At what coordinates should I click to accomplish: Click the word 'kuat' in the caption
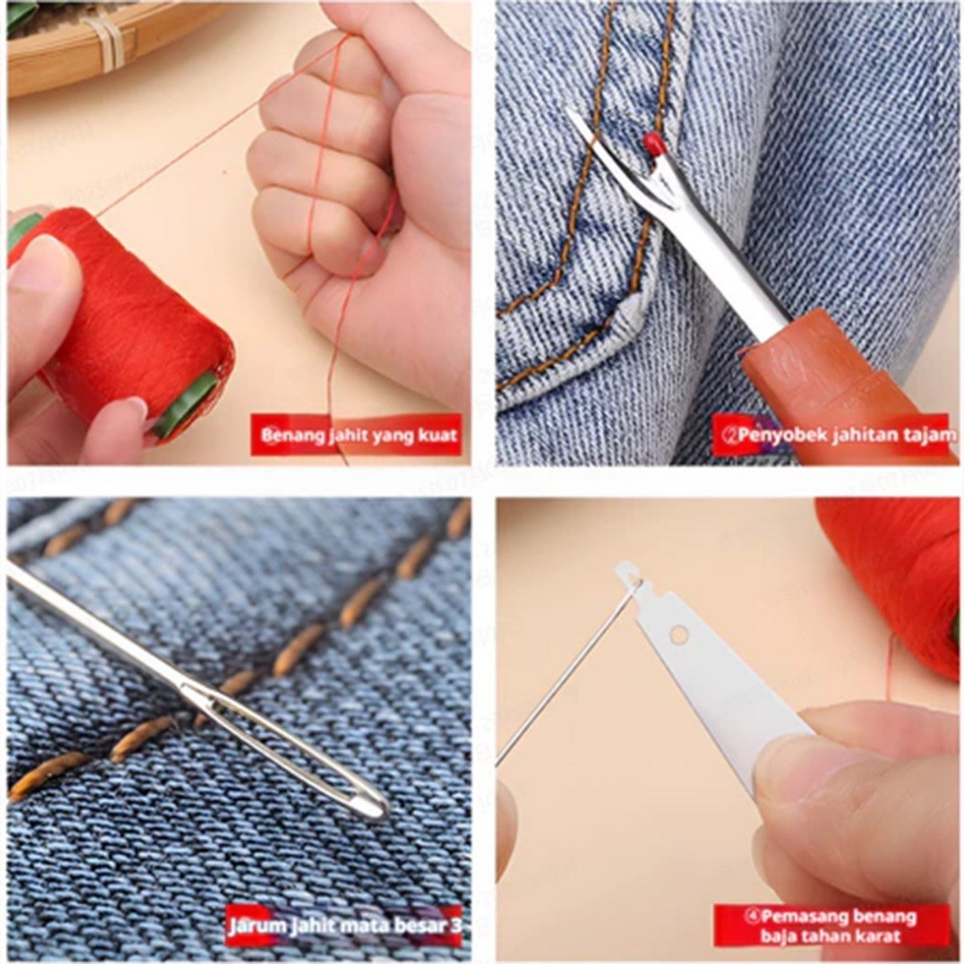click(437, 435)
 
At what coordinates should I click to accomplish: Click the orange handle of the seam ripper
click(848, 399)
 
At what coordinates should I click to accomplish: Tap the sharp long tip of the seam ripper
click(571, 114)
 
